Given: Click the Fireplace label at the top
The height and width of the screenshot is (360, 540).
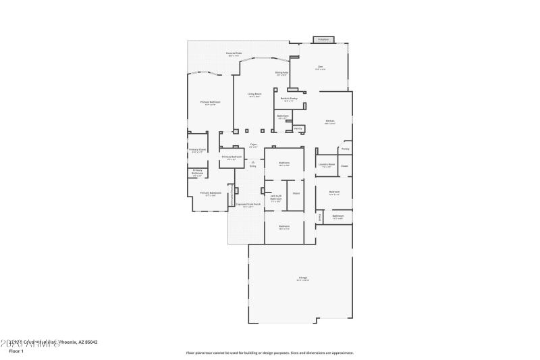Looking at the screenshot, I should click(323, 39).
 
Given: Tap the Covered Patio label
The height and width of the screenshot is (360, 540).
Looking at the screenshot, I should click(234, 53).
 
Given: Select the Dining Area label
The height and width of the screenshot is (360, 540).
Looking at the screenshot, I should click(281, 72).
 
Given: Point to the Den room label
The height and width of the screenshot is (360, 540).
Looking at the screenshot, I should click(321, 66).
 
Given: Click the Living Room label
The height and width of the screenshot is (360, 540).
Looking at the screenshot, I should click(254, 94).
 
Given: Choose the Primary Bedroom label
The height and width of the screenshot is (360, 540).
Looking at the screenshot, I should click(209, 102).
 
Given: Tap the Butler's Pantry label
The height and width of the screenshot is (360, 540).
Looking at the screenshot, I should click(290, 99).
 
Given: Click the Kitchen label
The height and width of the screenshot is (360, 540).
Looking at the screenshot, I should click(329, 121).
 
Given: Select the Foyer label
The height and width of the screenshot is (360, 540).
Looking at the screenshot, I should click(253, 143).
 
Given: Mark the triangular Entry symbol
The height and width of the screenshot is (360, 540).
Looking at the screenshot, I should click(252, 162).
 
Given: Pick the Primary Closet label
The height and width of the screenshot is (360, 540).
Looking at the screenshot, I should click(197, 149).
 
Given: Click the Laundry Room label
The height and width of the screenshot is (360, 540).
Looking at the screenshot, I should click(327, 163).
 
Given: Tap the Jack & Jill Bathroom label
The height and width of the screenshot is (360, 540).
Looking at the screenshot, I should click(276, 198).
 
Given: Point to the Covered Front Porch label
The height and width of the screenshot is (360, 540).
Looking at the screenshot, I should click(248, 203).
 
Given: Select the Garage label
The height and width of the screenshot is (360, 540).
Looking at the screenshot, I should click(303, 278).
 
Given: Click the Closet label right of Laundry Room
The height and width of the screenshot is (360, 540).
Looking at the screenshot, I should click(344, 165).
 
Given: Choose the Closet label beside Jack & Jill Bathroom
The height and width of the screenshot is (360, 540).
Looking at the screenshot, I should click(296, 193).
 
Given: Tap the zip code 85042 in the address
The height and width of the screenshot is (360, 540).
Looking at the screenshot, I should click(89, 342).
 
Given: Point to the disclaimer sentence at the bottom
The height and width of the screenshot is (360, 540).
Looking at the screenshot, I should click(270, 352).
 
